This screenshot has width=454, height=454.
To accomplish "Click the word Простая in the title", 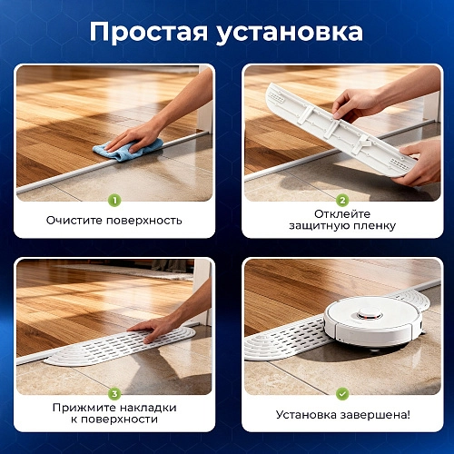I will (153, 31).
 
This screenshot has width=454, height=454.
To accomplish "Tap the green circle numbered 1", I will (113, 201).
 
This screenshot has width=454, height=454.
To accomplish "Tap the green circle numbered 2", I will (342, 201).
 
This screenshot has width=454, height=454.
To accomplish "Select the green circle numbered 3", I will (113, 394).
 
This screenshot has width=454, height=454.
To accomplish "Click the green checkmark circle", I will (342, 394).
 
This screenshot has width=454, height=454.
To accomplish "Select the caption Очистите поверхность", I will (114, 221).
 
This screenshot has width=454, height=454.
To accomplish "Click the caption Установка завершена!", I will (342, 415).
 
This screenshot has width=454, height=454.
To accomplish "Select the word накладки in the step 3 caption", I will (145, 408).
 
